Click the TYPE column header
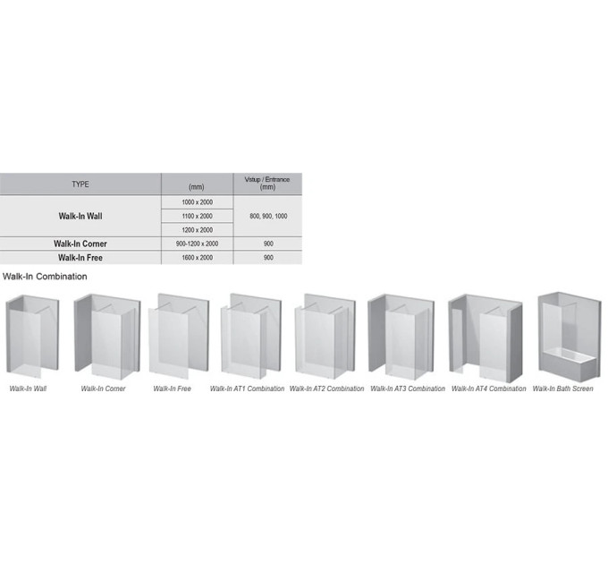[80, 184]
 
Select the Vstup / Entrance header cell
[267, 184]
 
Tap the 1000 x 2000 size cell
[197, 202]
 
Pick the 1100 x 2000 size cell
[197, 217]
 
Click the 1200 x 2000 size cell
[197, 230]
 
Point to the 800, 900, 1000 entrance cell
[268, 217]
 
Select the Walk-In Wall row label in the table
[80, 217]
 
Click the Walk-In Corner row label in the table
[80, 244]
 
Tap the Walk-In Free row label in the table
[80, 258]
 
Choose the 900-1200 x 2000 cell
[197, 244]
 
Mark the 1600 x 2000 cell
[197, 258]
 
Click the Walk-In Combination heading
[45, 277]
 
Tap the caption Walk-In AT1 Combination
[247, 389]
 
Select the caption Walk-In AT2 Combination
[327, 389]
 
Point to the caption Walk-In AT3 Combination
[408, 389]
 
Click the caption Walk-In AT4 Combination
[488, 389]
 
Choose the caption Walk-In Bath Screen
[562, 389]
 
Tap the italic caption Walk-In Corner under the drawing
[103, 389]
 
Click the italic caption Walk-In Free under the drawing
[173, 389]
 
